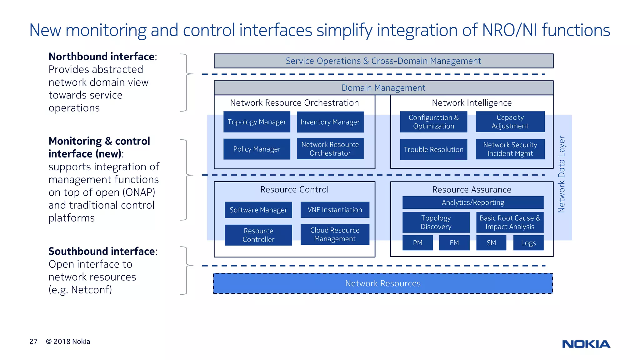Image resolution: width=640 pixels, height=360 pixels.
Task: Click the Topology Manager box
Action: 257,122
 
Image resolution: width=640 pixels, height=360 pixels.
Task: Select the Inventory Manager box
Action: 330,122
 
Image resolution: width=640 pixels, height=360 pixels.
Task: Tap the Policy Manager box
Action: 257,149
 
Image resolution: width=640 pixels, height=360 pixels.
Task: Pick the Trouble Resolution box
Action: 433,149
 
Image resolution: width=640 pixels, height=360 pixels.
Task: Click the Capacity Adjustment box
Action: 510,122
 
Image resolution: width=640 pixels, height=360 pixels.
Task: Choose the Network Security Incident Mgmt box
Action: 510,149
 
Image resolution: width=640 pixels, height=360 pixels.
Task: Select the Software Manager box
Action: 258,210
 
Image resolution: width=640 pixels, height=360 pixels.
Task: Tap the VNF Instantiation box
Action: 335,210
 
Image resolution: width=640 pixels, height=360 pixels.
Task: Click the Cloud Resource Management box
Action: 335,234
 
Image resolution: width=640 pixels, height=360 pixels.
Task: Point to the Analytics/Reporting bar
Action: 473,202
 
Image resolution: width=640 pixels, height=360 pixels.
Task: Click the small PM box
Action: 417,243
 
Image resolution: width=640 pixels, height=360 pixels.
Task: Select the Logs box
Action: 528,243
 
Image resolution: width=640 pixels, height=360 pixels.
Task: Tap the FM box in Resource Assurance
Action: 454,243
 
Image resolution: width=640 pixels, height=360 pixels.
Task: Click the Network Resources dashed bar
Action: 383,283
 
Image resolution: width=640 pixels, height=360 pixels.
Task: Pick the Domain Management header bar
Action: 383,88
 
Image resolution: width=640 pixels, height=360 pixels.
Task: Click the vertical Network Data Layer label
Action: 562,174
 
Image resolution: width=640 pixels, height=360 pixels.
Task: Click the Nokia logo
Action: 586,344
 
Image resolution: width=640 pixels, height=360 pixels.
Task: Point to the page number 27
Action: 33,342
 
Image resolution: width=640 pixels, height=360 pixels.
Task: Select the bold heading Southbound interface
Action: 102,251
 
